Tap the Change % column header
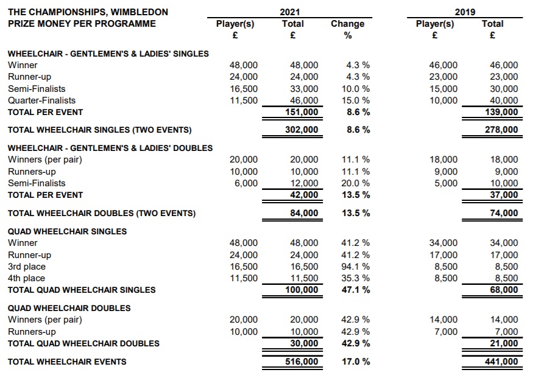pos(347,29)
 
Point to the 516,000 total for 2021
pos(302,362)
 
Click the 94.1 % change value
pos(356,266)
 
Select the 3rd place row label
pos(26,266)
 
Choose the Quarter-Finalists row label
pos(41,100)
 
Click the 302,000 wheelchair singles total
pos(302,130)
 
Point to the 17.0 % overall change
pos(356,362)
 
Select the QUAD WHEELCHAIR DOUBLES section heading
pos(69,307)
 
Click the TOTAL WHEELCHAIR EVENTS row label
pos(67,362)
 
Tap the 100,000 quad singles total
pos(302,290)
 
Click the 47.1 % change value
pos(356,290)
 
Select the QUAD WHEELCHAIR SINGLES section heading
pos(67,231)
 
